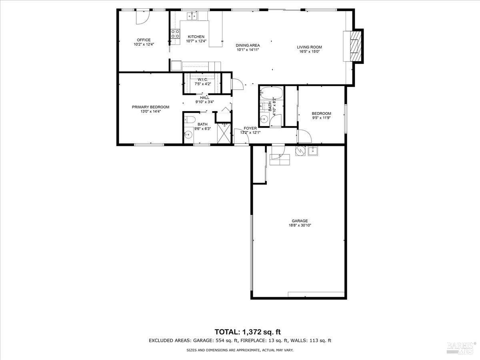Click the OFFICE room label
pyautogui.click(x=144, y=40)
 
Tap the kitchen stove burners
pyautogui.click(x=175, y=34)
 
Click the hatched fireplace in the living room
pyautogui.click(x=355, y=46)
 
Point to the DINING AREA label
pyautogui.click(x=248, y=46)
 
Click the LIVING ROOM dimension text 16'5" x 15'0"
pyautogui.click(x=310, y=52)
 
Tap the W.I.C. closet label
pyautogui.click(x=203, y=80)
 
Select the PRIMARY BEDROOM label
pyautogui.click(x=150, y=107)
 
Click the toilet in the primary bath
pyautogui.click(x=190, y=120)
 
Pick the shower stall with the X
pyautogui.click(x=224, y=133)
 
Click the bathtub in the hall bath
pyautogui.click(x=271, y=93)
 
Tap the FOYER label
pyautogui.click(x=250, y=128)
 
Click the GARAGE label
pyautogui.click(x=300, y=221)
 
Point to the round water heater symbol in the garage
pyautogui.click(x=300, y=151)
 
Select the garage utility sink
pyautogui.click(x=313, y=151)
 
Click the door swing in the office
pyautogui.click(x=142, y=18)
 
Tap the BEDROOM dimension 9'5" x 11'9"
pyautogui.click(x=321, y=118)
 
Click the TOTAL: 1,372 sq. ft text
pyautogui.click(x=248, y=332)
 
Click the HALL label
pyautogui.click(x=204, y=98)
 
